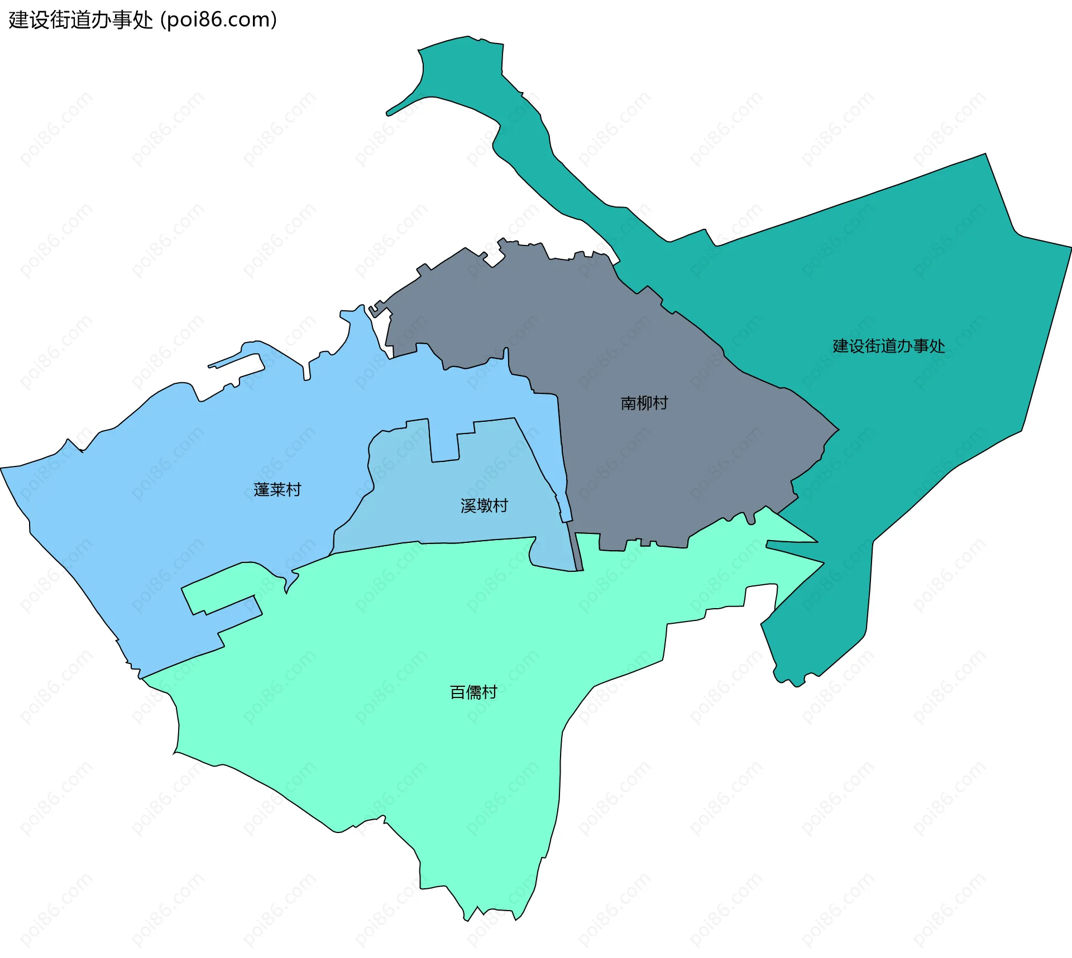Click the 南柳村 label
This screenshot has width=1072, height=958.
[x=644, y=403]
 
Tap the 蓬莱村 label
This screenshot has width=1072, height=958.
[x=277, y=489]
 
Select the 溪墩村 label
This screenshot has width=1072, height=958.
[x=484, y=506]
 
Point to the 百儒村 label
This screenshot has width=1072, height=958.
[x=473, y=692]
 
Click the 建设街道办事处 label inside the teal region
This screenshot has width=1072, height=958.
[x=889, y=346]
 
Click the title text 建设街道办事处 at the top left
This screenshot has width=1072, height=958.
[x=81, y=20]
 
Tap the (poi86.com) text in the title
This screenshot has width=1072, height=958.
[x=219, y=20]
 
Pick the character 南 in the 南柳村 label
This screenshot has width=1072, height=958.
[x=629, y=403]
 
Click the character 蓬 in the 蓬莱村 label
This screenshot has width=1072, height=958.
[x=262, y=489]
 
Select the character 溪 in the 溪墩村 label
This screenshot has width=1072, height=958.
[x=468, y=506]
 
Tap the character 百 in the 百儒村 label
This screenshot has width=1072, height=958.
[x=458, y=692]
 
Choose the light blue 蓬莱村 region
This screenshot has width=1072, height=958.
[x=167, y=502]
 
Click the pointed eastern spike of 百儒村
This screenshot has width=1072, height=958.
[x=804, y=552]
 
